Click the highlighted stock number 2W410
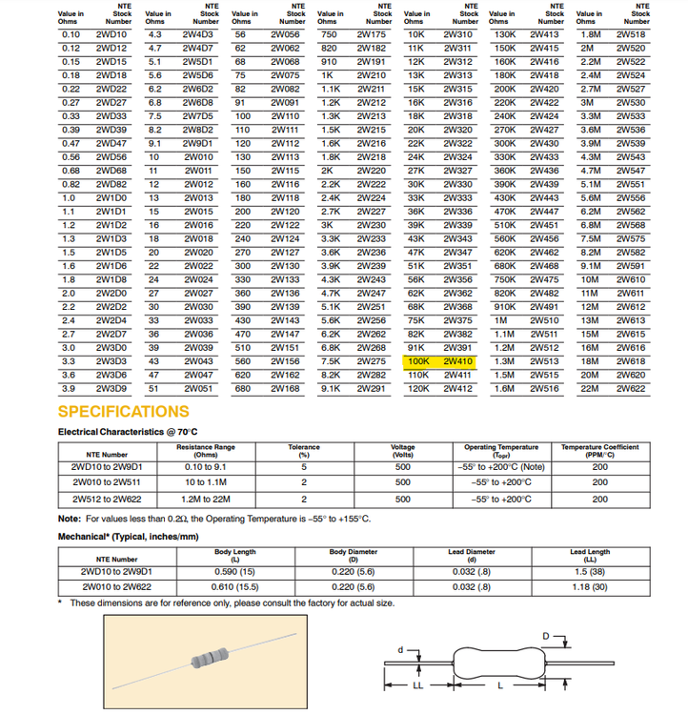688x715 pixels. tap(458, 362)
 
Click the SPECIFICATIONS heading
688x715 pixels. tap(124, 412)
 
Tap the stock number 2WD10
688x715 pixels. tap(111, 33)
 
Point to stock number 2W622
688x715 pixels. tap(631, 389)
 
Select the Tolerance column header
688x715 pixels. tap(303, 450)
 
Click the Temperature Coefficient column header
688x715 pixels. tap(599, 450)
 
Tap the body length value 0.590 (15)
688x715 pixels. tap(235, 571)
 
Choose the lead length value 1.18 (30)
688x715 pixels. tap(590, 586)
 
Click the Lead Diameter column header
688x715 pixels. tap(470, 555)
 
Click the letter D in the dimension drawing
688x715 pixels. tap(545, 635)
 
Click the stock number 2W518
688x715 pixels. tap(631, 33)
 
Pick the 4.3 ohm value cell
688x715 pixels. tap(154, 33)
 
